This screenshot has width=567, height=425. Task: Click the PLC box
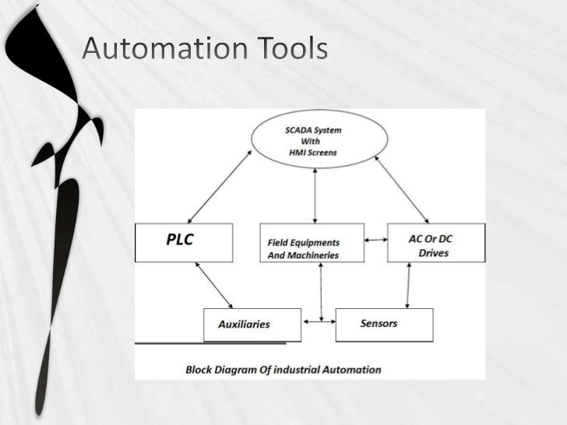[x=184, y=242]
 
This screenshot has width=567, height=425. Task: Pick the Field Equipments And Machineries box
[x=311, y=243]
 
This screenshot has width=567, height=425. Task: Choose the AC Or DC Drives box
[x=436, y=243]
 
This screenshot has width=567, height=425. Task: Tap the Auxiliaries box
[x=252, y=325]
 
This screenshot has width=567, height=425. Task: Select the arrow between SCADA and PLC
[x=220, y=186]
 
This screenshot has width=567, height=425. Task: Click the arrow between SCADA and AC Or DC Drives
[x=402, y=189]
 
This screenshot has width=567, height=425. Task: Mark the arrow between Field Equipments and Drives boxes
[x=375, y=240]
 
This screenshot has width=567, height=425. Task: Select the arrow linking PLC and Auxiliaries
[x=214, y=285]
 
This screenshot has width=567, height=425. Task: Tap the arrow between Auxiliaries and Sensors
[x=318, y=321]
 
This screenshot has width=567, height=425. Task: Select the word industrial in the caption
[x=302, y=370]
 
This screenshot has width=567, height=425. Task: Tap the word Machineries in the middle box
[x=314, y=255]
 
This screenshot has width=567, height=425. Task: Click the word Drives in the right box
[x=433, y=253]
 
